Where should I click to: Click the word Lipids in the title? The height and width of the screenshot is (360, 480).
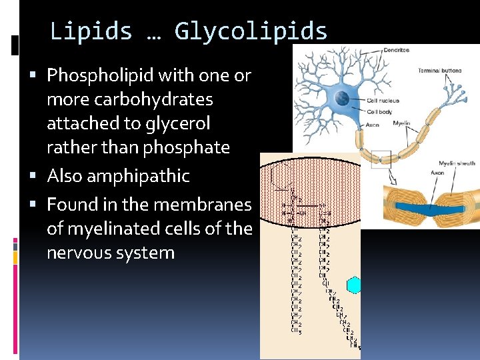coord(91,31)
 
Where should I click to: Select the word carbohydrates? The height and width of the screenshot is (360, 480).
coord(130,99)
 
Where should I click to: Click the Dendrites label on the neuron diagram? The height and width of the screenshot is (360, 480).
coord(396,51)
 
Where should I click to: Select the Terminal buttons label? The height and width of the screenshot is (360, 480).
coord(439,71)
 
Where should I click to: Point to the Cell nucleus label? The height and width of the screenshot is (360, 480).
coord(383,101)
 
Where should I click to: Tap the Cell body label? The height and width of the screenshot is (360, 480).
coord(380,111)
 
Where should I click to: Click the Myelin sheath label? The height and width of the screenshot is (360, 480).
coord(456,163)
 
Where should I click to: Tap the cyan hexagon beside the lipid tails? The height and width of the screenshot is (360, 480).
coord(354,285)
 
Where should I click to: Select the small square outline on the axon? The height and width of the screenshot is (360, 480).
coord(381,159)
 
